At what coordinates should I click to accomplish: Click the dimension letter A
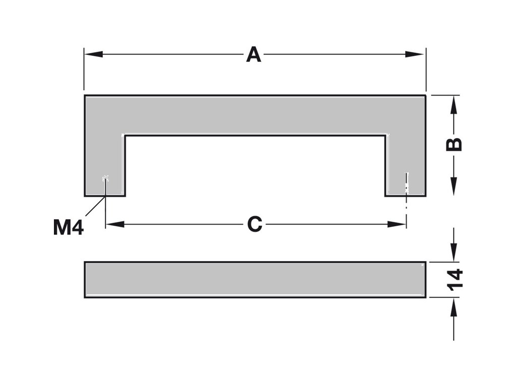pyautogui.click(x=253, y=54)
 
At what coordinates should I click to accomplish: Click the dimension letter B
pyautogui.click(x=455, y=144)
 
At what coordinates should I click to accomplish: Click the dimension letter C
pyautogui.click(x=254, y=224)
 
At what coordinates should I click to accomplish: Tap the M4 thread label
pyautogui.click(x=68, y=228)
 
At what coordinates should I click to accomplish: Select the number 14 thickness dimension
pyautogui.click(x=455, y=280)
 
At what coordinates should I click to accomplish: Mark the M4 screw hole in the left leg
pyautogui.click(x=105, y=178)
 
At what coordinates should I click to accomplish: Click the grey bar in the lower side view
pyautogui.click(x=254, y=280)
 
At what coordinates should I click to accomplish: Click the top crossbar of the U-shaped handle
pyautogui.click(x=254, y=115)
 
